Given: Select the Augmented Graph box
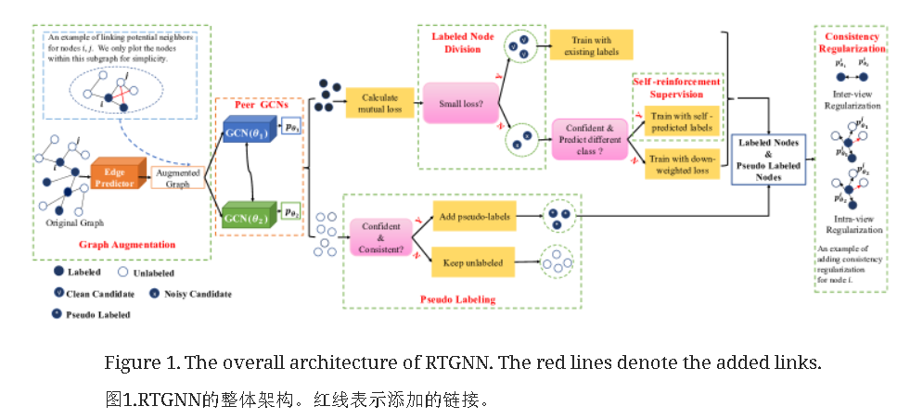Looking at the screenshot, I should [x=177, y=178].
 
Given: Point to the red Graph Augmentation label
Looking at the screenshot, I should [x=127, y=245].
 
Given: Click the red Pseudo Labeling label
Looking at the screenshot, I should [x=457, y=298].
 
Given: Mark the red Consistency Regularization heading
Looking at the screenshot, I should [x=851, y=42].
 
